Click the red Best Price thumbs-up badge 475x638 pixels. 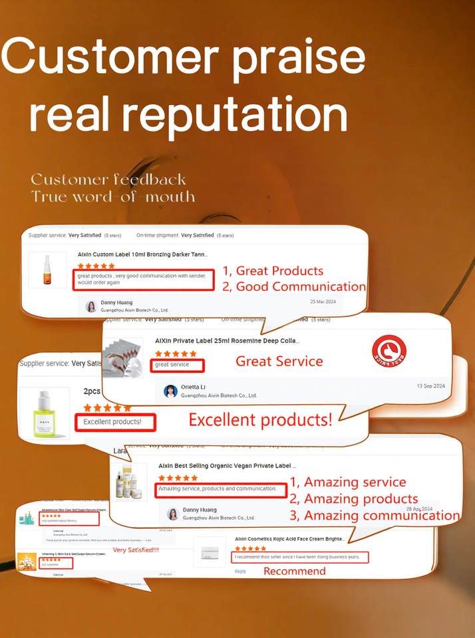(389, 352)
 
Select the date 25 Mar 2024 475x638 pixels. (323, 302)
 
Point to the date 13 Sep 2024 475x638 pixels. (430, 386)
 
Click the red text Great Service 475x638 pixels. (279, 362)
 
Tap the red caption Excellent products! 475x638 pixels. (260, 420)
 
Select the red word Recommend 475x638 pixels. (295, 571)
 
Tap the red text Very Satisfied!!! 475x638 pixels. (136, 550)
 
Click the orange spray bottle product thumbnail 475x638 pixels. (47, 270)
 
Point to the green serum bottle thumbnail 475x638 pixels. (45, 413)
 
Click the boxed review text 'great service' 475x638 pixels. (177, 365)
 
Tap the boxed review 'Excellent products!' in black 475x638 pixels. (116, 421)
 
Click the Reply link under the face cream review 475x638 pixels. (240, 571)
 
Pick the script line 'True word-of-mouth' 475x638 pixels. (113, 197)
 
